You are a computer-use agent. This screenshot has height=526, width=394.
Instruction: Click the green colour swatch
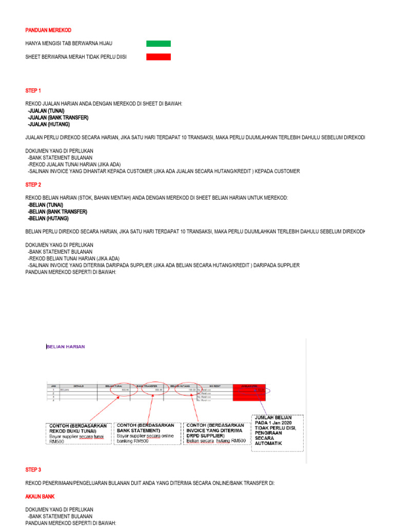158,44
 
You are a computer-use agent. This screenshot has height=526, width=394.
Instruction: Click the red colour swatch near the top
158,57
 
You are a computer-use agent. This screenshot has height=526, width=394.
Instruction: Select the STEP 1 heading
33,90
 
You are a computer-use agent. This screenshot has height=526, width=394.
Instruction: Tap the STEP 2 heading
33,184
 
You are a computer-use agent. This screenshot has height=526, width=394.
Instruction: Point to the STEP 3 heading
33,470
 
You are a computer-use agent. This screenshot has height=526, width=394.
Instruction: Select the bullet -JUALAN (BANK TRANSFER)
58,118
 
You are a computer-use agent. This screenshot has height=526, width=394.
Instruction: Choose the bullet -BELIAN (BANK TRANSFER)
57,212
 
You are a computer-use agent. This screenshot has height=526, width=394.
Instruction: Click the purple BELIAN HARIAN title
66,347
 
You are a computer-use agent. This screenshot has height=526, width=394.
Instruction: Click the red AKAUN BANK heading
40,497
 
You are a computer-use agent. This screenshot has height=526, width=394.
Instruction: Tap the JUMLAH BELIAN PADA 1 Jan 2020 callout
277,433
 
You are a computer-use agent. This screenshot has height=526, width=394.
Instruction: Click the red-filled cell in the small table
249,392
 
